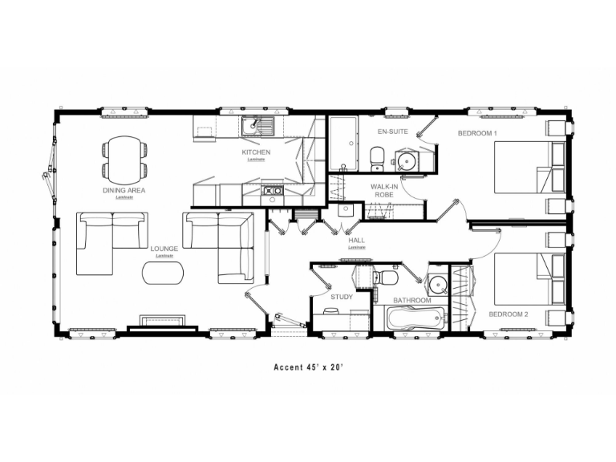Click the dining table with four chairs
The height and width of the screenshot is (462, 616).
[x=124, y=159]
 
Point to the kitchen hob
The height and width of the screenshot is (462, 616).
[x=270, y=192]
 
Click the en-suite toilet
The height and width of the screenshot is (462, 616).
[x=376, y=158]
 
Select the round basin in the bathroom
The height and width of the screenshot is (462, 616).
[x=437, y=284]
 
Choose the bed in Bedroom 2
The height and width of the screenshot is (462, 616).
[x=521, y=278]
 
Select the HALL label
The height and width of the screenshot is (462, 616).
[x=357, y=240]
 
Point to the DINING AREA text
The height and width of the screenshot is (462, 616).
[x=124, y=190]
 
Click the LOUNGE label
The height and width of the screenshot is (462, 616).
[x=164, y=249]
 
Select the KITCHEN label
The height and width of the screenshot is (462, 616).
[x=256, y=152]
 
